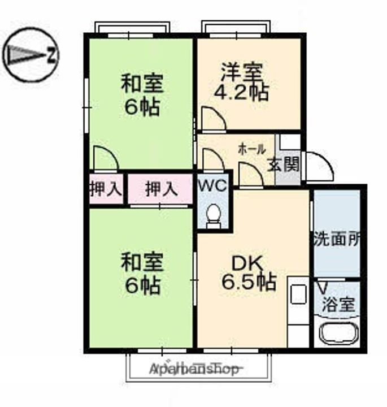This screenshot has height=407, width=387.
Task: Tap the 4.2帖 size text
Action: click(245, 92)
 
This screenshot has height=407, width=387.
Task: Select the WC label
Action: click(213, 185)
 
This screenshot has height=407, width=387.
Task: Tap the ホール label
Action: click(252, 149)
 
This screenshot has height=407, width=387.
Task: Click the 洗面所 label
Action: click(337, 239)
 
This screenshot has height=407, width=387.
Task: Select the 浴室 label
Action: click(338, 305)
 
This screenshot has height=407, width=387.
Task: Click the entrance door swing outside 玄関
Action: click(318, 164)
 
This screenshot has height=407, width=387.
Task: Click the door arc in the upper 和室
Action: click(105, 157)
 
